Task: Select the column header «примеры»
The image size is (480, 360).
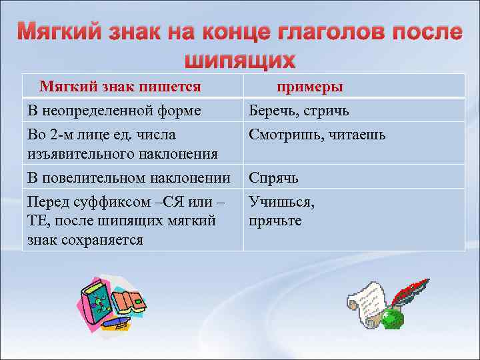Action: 310,87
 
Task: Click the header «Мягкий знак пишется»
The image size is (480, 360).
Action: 120,87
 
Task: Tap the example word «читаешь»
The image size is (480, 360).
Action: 356,135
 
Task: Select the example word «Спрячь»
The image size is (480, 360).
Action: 273,178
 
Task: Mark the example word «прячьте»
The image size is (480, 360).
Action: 275,220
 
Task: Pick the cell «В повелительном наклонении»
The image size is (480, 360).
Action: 128,178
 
